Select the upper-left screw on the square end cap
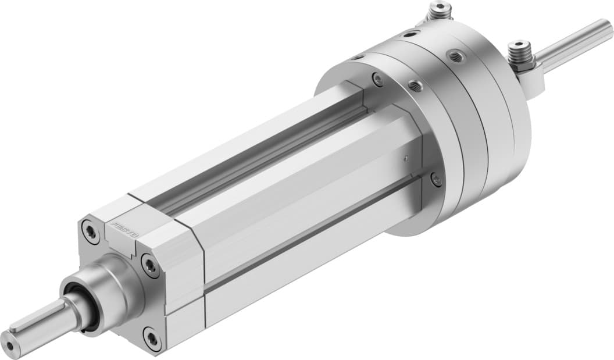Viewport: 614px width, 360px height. (90, 231)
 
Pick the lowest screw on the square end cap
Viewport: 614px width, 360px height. (152, 338)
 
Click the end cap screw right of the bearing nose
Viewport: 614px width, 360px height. (151, 266)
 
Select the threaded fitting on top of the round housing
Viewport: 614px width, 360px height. (440, 10)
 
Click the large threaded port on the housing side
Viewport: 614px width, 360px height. (455, 56)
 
